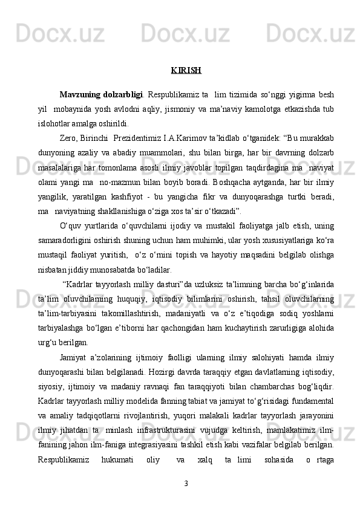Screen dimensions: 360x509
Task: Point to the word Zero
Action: pyautogui.click(x=70, y=135)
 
